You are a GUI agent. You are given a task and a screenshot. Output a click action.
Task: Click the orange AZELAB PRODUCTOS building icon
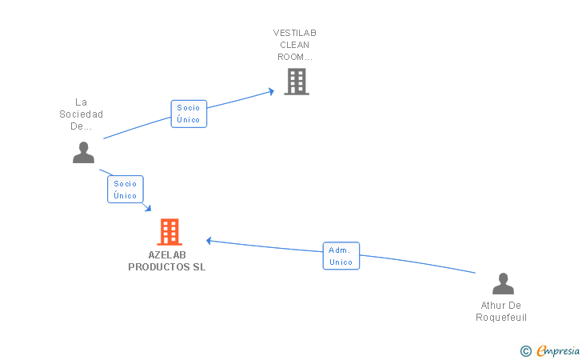pos(169,232)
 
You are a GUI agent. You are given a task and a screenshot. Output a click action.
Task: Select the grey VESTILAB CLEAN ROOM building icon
pos(296,82)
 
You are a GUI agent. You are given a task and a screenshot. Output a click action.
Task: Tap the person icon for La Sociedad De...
pos(83,152)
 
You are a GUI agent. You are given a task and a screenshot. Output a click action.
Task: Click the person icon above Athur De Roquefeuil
pos(502,284)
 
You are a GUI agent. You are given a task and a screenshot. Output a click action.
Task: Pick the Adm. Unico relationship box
pos(341,256)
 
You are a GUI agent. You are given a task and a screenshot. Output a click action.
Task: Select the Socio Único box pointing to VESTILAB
pos(189,114)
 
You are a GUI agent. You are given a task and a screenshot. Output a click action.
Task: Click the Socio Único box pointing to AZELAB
pos(125,190)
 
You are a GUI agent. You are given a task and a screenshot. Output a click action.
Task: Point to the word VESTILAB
pos(294,33)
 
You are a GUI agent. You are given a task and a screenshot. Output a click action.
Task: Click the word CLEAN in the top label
pos(294,45)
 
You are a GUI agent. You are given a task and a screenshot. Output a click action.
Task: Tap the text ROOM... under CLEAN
pos(294,57)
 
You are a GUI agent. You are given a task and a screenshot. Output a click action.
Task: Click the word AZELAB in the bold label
pos(166,255)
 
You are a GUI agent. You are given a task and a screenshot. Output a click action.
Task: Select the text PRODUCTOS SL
pos(166,267)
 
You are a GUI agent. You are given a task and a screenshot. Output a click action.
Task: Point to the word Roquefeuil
pos(501,318)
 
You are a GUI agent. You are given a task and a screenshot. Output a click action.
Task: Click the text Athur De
pos(501,306)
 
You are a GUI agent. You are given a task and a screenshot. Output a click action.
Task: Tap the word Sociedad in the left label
pos(81,114)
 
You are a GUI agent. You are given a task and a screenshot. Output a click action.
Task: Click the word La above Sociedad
pos(81,102)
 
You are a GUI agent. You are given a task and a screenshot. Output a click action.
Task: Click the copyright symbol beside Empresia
pos(525,350)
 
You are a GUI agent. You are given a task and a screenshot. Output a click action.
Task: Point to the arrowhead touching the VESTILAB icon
pos(271,91)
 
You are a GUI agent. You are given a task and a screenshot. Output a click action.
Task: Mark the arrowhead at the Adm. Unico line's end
pos(209,240)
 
